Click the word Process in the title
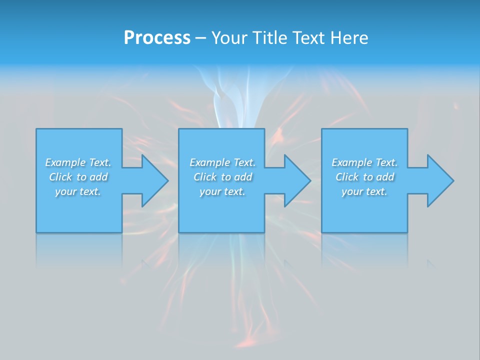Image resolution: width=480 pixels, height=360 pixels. point(157,38)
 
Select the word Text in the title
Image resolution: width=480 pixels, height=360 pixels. point(309,38)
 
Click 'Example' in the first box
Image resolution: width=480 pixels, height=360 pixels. point(65,162)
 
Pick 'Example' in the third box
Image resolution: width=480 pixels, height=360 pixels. point(352,162)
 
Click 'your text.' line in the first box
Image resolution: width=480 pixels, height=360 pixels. point(78,191)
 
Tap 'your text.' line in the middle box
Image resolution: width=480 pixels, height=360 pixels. point(222,191)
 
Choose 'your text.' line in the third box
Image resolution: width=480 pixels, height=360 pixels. point(364,191)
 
